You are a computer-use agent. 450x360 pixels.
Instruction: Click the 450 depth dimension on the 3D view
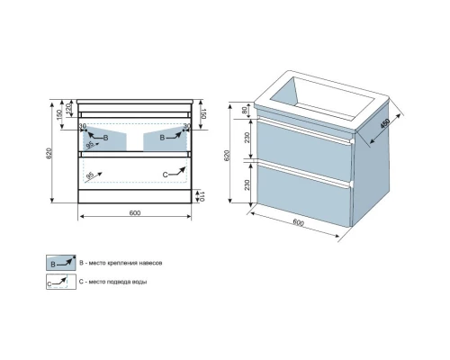pyautogui.click(x=385, y=123)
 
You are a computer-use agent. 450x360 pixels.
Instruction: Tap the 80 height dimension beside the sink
pyautogui.click(x=245, y=110)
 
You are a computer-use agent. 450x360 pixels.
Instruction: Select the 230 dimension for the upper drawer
pyautogui.click(x=247, y=138)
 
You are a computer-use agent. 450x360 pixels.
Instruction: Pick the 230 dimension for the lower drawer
pyautogui.click(x=247, y=184)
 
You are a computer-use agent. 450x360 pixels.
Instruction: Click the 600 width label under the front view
pyautogui.click(x=135, y=212)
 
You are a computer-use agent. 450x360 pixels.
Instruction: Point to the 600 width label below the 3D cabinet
pyautogui.click(x=298, y=223)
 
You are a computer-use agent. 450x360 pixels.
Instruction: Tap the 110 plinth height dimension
pyautogui.click(x=202, y=196)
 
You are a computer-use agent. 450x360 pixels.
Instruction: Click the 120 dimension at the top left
pyautogui.click(x=68, y=107)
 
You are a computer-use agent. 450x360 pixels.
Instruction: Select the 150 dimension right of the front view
pyautogui.click(x=202, y=113)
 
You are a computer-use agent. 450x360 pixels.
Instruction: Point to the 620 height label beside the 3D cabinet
pyautogui.click(x=227, y=155)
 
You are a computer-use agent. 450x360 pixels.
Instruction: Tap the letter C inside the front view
pyautogui.click(x=165, y=175)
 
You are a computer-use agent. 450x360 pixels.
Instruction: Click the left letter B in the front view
pyautogui.click(x=105, y=138)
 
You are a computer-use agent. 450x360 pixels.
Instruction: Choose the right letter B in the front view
pyautogui.click(x=162, y=138)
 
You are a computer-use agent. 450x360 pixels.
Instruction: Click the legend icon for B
pyautogui.click(x=61, y=263)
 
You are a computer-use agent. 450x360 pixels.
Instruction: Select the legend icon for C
pyautogui.click(x=61, y=282)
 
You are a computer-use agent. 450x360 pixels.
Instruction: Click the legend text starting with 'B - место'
pyautogui.click(x=121, y=263)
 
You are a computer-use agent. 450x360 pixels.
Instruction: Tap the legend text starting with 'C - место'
pyautogui.click(x=113, y=282)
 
